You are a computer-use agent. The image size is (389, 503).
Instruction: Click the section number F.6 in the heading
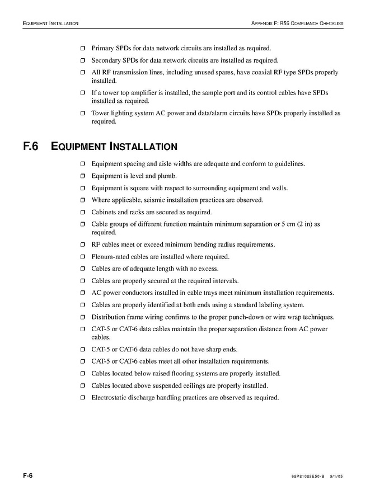click(x=31, y=147)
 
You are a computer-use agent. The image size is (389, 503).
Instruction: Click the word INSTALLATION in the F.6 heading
click(x=143, y=147)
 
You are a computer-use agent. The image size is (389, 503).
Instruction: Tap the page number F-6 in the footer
click(x=28, y=475)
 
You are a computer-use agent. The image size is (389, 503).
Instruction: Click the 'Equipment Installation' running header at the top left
click(x=50, y=23)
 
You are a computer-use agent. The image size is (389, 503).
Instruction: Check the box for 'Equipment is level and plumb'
click(x=82, y=176)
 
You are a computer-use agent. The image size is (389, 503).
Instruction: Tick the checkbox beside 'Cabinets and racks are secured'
click(x=82, y=213)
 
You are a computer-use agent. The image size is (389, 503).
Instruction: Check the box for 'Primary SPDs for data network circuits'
click(x=82, y=49)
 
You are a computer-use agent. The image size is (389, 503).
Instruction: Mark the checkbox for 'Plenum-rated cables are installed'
click(x=82, y=257)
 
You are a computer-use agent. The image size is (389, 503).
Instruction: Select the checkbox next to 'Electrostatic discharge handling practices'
click(x=82, y=398)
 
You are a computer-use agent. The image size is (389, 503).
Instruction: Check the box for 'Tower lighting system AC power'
click(x=82, y=114)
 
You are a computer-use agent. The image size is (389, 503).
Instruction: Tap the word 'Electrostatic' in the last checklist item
click(x=110, y=398)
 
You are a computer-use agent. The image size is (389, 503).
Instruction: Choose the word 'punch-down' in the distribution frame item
click(x=242, y=317)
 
